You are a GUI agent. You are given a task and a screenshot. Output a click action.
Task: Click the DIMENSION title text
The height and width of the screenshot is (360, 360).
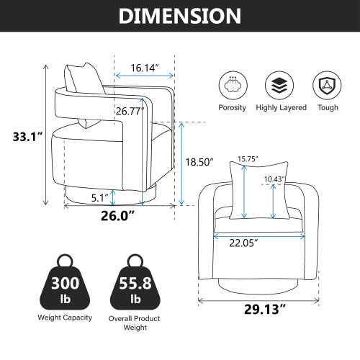click(180, 16)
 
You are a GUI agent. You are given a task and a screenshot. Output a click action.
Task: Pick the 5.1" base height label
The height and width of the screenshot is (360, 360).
click(99, 195)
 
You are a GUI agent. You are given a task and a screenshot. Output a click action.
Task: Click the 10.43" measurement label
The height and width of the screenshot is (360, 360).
click(274, 179)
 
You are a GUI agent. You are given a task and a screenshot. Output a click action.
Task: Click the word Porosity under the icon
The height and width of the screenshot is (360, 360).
click(231, 107)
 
